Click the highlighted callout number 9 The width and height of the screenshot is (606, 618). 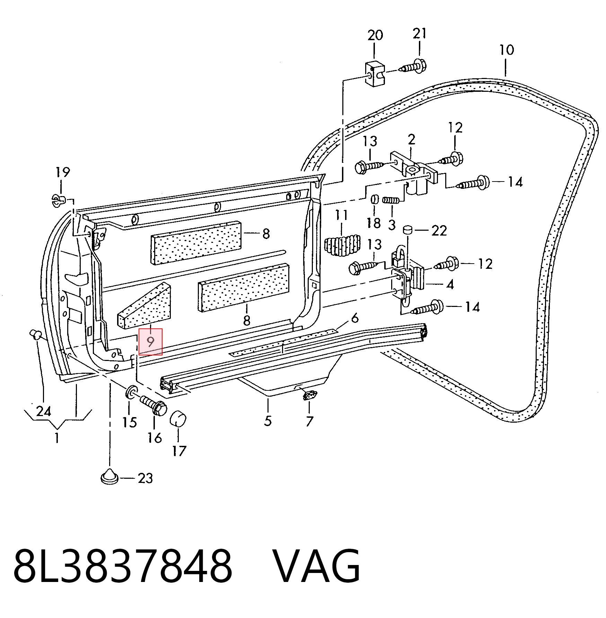150,342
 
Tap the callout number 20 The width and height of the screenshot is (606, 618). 375,35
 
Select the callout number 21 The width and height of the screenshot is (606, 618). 420,34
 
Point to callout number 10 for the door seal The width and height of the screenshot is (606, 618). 507,50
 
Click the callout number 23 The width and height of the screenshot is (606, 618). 145,478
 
